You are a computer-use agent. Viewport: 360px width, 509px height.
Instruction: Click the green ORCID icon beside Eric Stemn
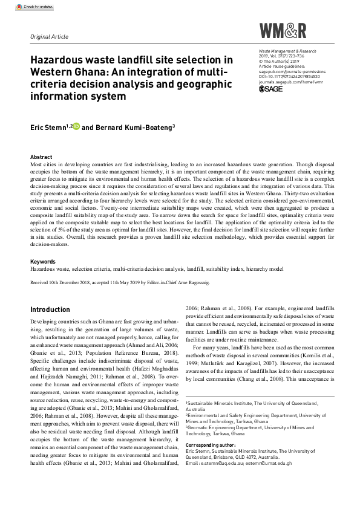[x=76, y=128]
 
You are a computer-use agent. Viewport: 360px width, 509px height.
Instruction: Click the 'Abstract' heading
[x=41, y=156]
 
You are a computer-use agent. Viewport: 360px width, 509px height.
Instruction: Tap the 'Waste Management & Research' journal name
[x=290, y=52]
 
